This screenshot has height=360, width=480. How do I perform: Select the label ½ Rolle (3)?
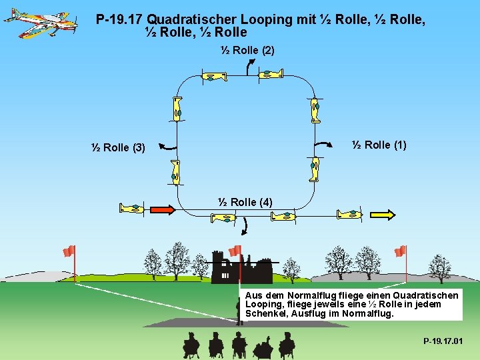coord(118,147)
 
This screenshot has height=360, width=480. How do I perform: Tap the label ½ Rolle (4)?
coord(245,202)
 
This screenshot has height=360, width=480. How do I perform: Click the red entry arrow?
coord(161,209)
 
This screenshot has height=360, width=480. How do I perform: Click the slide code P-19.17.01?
coord(443,342)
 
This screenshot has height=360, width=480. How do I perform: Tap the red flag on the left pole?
coord(69,251)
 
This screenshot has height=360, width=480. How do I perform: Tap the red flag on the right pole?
coord(400,251)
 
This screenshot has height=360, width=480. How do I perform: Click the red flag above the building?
coord(234,251)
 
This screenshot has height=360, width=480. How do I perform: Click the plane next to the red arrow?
coord(131,209)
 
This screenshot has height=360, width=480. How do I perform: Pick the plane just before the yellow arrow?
coord(349,214)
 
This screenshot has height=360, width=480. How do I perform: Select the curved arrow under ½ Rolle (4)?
coord(244,227)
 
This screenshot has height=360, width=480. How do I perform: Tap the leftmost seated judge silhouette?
coord(191,345)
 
